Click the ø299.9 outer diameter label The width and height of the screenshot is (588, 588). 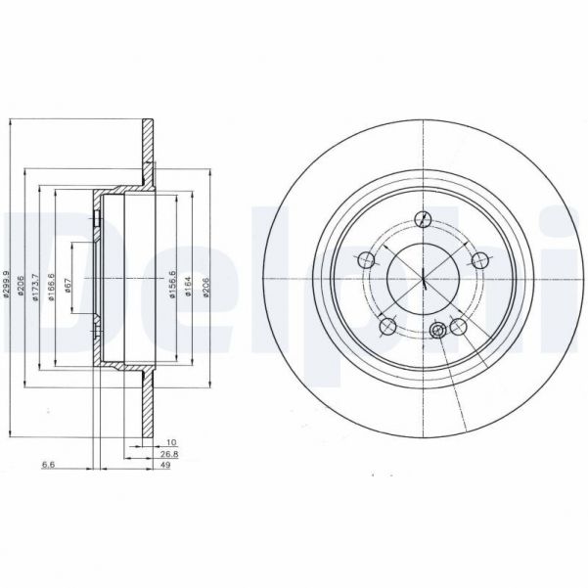tap(8, 285)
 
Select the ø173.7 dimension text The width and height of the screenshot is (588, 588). tap(36, 285)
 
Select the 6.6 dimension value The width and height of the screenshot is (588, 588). tap(46, 466)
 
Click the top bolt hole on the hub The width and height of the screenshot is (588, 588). tap(424, 218)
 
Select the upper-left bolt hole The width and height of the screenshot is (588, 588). tap(367, 259)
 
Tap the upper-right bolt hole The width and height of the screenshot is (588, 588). tap(480, 259)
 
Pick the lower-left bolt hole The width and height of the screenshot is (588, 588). tap(388, 326)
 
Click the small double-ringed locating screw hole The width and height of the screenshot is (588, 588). tap(439, 331)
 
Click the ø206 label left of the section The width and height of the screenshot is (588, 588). tap(22, 285)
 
